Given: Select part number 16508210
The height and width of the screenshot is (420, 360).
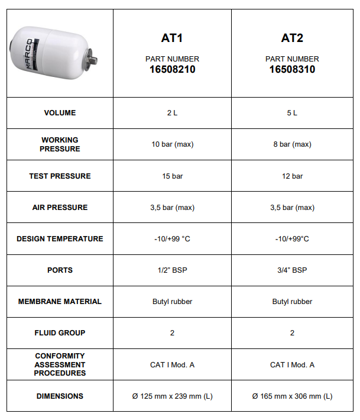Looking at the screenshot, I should pos(172,69).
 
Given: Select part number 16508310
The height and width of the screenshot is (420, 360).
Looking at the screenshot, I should pos(292,69).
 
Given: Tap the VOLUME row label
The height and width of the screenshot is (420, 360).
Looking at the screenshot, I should pos(60,113).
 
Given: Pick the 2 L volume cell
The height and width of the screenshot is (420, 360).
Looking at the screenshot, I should pos(172,113).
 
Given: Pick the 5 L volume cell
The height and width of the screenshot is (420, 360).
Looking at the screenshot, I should pos(292,113).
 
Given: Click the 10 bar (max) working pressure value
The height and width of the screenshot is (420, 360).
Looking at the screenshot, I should pos(172,144).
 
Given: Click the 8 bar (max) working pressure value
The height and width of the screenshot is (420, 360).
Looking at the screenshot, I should pos(292,144).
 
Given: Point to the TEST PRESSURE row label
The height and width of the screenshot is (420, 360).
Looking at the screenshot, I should pos(60,176).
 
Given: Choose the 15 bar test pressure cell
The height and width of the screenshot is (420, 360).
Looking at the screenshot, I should pos(172,176).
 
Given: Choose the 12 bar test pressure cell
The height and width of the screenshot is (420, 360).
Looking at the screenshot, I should pos(292,176).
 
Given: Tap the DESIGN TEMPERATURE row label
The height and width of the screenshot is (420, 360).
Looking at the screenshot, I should pos(60,239).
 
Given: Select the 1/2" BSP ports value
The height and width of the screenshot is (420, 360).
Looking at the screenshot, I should pos(172,270).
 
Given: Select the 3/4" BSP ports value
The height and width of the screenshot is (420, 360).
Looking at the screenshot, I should pos(292,270).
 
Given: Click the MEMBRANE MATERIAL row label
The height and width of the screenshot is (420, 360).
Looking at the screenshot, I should pos(60,302).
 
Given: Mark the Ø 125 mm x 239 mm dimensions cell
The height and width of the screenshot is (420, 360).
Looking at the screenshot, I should pos(172,396).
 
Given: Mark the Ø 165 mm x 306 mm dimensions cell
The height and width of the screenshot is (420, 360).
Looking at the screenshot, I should pos(292,396).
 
